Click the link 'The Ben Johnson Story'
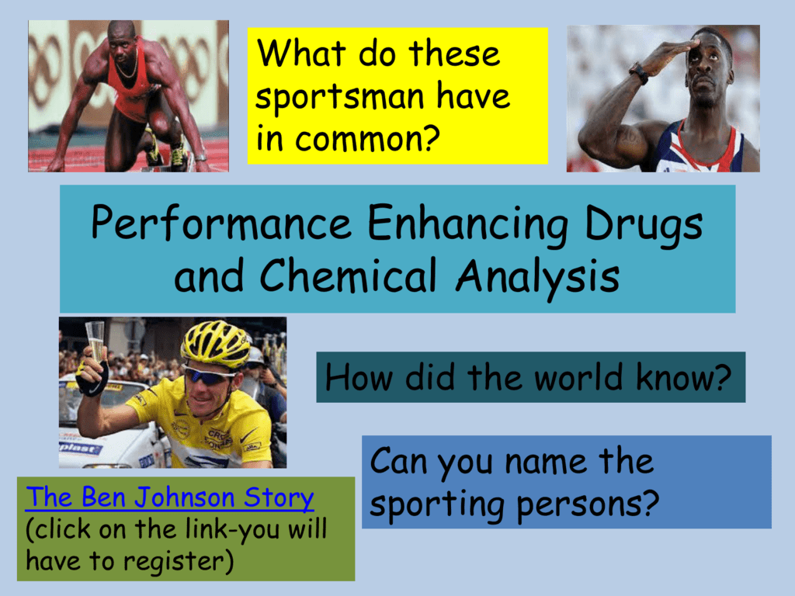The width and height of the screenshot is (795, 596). (170, 497)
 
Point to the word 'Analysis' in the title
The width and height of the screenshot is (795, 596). (538, 277)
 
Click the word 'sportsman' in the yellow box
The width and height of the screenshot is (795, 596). (339, 97)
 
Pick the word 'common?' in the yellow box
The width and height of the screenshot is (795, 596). (367, 138)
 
